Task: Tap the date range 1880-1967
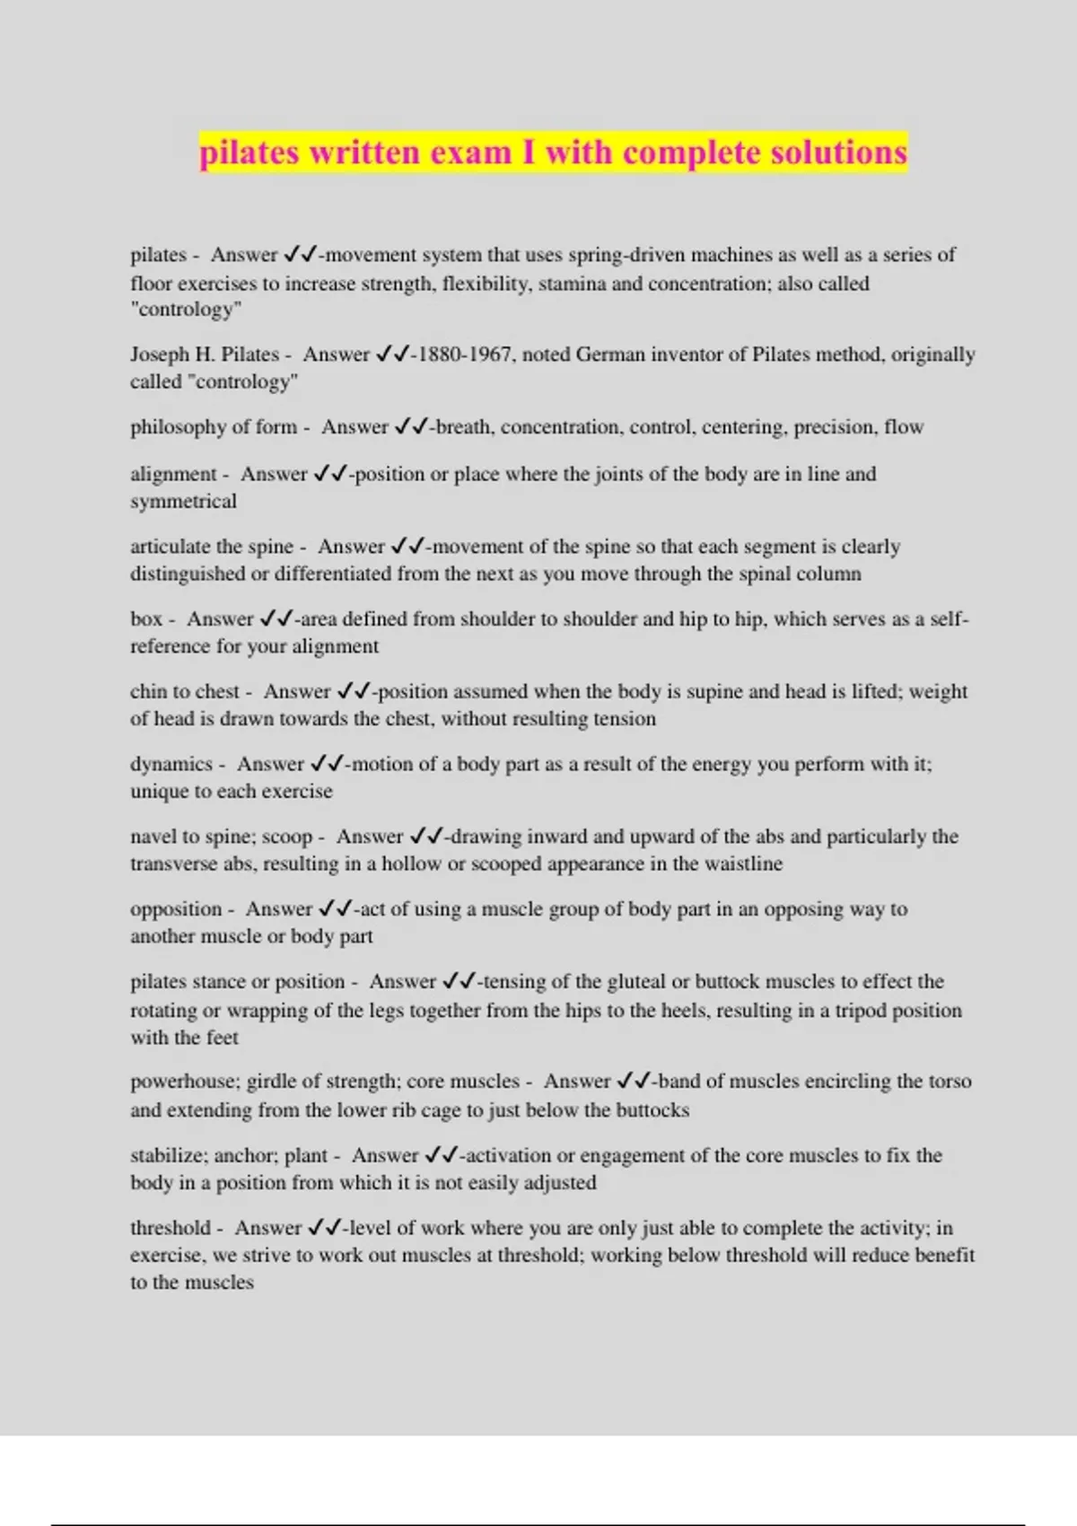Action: tap(467, 355)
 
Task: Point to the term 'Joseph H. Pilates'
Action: tap(205, 355)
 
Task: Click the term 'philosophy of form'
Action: tap(214, 427)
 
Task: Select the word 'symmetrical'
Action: tap(183, 501)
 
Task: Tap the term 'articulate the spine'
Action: tap(212, 547)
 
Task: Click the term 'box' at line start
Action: tap(146, 619)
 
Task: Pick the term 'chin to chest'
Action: tap(185, 692)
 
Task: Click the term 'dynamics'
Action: tap(171, 765)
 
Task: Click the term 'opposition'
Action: tap(176, 909)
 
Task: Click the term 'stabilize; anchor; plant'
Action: tap(229, 1155)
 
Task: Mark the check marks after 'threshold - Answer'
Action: tap(326, 1228)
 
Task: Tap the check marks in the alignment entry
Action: tap(331, 474)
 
